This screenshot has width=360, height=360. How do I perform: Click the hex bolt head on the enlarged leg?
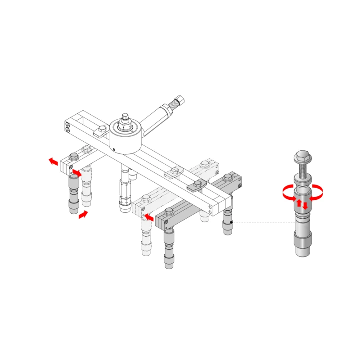pyautogui.click(x=302, y=158)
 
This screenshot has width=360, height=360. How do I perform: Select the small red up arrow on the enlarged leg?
pyautogui.click(x=298, y=203)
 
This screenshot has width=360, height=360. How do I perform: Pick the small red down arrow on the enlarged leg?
pyautogui.click(x=306, y=206)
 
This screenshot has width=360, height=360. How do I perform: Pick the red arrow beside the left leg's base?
pyautogui.click(x=83, y=215)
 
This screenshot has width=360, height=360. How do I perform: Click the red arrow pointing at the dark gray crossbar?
pyautogui.click(x=149, y=217)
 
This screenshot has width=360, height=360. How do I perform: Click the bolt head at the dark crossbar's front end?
pyautogui.click(x=169, y=211)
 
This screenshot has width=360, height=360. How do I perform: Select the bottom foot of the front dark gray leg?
pyautogui.click(x=169, y=264)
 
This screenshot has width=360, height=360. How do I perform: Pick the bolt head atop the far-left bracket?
pyautogui.click(x=73, y=156)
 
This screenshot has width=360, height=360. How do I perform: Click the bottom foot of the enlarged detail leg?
pyautogui.click(x=302, y=247)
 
